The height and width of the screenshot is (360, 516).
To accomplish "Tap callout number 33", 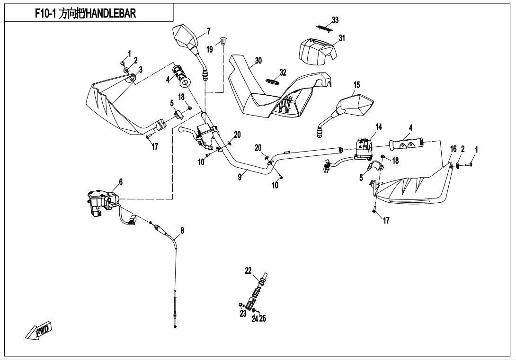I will click(335, 20).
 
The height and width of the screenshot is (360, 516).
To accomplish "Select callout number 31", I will click(342, 38).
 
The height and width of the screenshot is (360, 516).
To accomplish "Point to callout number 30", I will click(258, 60).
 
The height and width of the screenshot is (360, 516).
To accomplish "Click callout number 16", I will click(454, 149).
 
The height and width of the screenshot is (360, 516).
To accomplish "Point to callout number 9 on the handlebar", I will click(240, 176).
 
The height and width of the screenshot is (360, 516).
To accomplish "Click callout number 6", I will click(121, 181).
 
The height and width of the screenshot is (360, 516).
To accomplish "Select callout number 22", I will click(248, 270).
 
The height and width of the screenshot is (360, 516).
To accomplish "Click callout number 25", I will click(263, 319).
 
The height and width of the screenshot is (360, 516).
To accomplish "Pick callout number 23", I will click(243, 313).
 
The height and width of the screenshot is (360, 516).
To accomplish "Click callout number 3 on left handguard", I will click(141, 69).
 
